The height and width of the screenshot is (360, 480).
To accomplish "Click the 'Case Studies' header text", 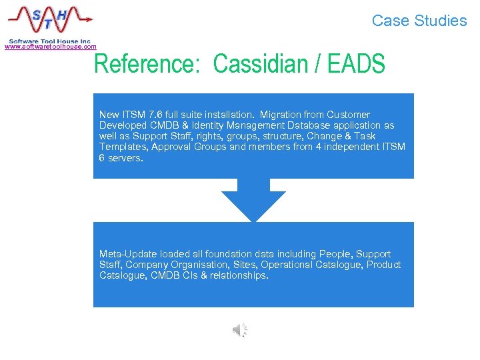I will (x=419, y=21).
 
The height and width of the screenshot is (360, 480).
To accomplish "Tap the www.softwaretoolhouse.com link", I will (x=51, y=47).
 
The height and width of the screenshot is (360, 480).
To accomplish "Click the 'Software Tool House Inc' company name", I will (x=49, y=41).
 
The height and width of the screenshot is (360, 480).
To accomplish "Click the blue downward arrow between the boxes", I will (x=253, y=200).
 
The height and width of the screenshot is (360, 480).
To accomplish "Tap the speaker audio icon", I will (x=240, y=329).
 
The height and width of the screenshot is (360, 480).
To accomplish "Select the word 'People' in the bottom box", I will (x=339, y=254).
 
